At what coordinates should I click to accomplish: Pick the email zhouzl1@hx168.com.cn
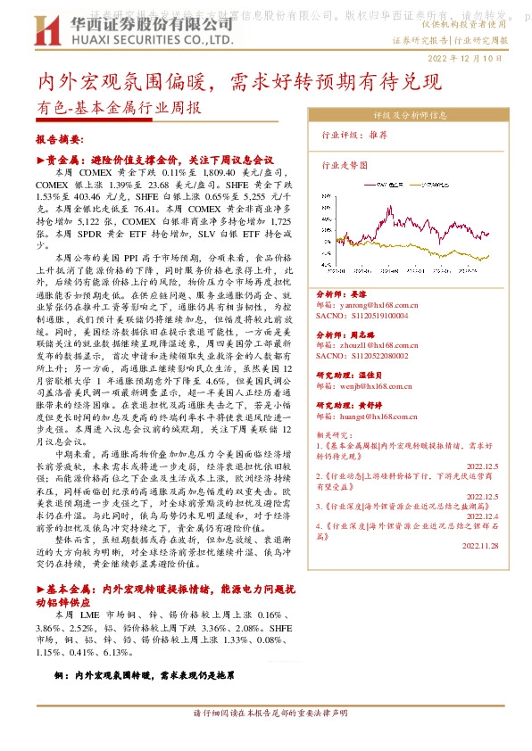pos(369,344)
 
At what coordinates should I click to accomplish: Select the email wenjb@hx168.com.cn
pos(366,387)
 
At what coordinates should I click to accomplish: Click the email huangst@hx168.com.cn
pos(370,417)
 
